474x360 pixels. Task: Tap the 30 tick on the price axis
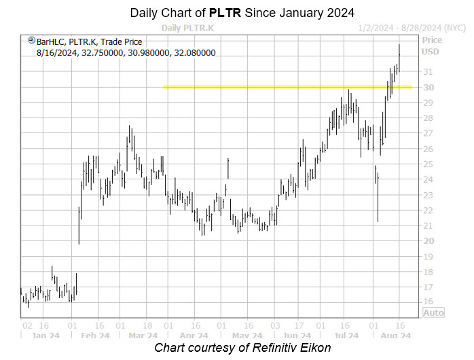coord(428,87)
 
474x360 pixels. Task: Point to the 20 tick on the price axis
coord(428,241)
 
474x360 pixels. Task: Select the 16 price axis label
coord(428,302)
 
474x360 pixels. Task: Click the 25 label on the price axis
coord(428,164)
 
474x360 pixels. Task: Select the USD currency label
coord(431,51)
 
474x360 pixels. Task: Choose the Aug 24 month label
coord(395,336)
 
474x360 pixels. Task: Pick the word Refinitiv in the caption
coord(269,348)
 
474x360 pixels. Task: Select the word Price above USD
coord(431,40)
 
